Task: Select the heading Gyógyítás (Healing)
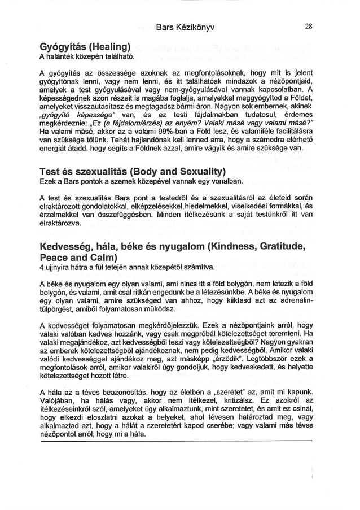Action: [85, 47]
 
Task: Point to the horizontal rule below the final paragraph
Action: [175, 441]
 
